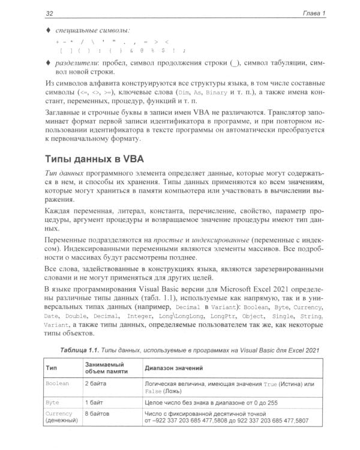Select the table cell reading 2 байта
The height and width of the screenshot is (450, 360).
coord(96,382)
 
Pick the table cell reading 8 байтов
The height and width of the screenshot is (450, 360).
coord(98,413)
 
